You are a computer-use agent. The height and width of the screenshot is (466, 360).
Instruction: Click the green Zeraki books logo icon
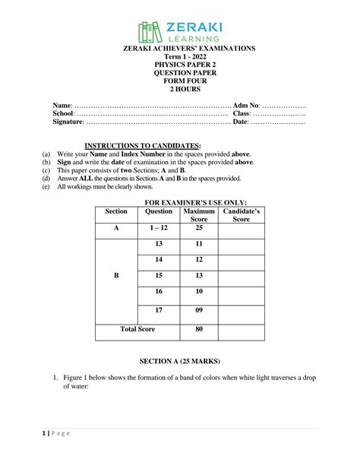pos(149,31)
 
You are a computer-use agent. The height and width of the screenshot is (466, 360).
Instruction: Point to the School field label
pos(63,113)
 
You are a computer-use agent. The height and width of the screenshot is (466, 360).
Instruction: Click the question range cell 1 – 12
pos(158,228)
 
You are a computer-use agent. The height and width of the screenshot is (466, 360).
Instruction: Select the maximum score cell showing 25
pos(199,228)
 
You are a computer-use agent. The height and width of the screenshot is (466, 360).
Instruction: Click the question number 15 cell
pos(158,275)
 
